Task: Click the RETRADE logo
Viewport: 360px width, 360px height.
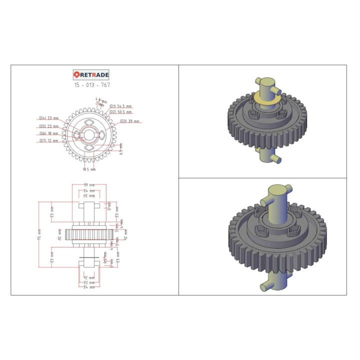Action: pos(91,74)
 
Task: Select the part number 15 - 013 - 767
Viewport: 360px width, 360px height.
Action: pos(91,85)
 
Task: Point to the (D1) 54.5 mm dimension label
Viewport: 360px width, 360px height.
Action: pos(121,106)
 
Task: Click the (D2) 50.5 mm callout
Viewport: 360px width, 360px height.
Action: pos(121,112)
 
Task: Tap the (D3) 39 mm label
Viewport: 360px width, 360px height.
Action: pos(129,121)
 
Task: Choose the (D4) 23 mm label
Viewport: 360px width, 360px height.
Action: pos(48,118)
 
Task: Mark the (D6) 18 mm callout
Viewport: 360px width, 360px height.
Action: pos(48,133)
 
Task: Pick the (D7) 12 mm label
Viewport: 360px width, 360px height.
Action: pos(48,141)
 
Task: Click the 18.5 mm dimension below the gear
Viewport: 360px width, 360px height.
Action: pos(89,169)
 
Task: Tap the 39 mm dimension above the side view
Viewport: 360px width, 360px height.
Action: pos(89,185)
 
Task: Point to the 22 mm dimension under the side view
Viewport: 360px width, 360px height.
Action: pos(89,282)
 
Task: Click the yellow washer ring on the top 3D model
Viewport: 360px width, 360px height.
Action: pos(265,99)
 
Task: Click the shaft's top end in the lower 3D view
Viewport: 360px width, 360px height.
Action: pos(278,190)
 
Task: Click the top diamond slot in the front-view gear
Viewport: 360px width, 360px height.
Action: pos(89,122)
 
